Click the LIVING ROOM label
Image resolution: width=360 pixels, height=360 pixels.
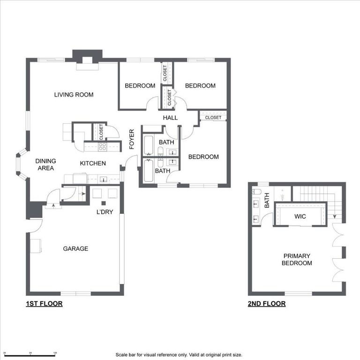(74, 95)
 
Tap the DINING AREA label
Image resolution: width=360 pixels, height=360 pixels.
(45, 164)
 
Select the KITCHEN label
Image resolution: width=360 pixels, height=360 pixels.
(92, 164)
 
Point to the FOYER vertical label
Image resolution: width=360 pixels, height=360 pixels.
(132, 139)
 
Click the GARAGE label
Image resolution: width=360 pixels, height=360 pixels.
(75, 248)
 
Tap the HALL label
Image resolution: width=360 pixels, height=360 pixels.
(170, 118)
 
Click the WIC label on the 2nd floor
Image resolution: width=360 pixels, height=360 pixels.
(300, 217)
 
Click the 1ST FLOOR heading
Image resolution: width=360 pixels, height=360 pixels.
(44, 304)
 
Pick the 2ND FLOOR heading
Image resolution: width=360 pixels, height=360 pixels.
(266, 304)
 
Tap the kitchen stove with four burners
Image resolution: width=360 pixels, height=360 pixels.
(102, 146)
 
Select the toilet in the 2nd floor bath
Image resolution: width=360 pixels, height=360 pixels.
(256, 192)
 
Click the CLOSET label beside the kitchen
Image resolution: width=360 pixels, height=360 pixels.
(101, 132)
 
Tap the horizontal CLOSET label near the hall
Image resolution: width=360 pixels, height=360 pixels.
(213, 118)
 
